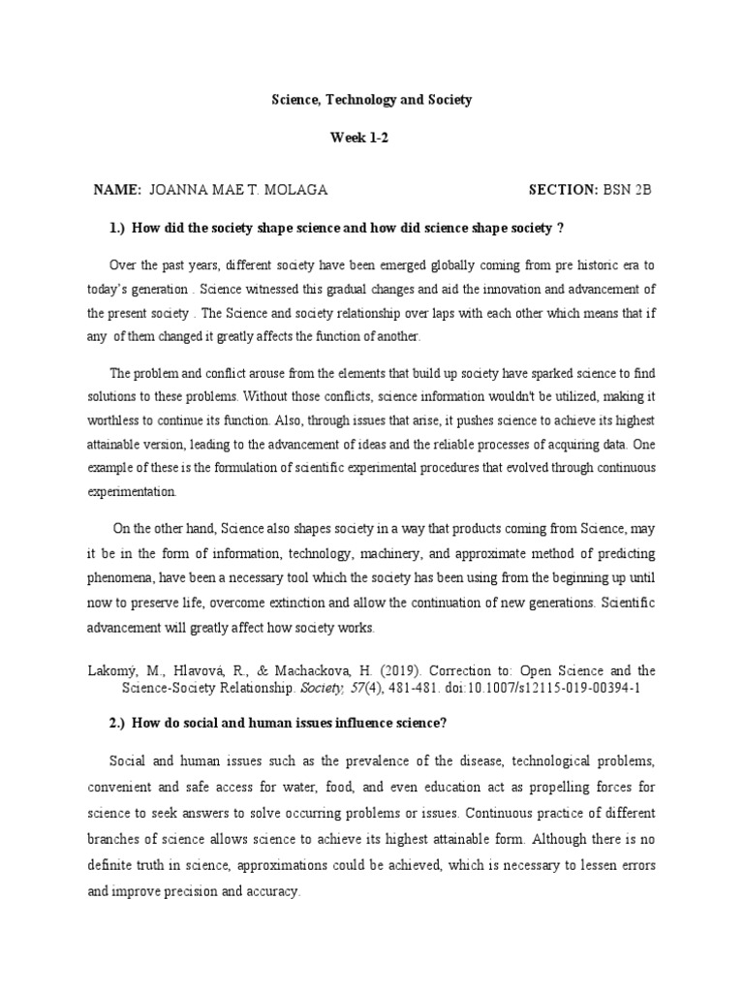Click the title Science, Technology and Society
tap(371, 100)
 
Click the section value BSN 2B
tap(628, 189)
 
